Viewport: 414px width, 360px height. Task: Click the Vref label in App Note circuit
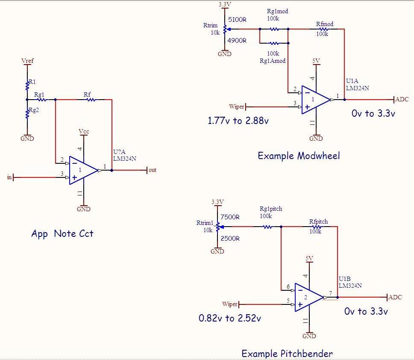click(27, 61)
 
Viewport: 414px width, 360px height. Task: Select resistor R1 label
click(32, 81)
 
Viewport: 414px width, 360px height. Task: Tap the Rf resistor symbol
click(91, 100)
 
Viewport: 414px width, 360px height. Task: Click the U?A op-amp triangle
click(82, 170)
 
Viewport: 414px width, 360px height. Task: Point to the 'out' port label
click(153, 170)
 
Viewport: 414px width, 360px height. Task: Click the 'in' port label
click(9, 177)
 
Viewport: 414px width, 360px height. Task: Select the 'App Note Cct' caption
click(62, 233)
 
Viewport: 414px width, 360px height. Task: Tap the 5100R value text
click(238, 20)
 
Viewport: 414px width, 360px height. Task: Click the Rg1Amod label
click(273, 61)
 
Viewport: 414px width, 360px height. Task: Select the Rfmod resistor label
click(325, 24)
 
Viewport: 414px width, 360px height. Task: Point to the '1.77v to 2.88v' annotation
click(238, 121)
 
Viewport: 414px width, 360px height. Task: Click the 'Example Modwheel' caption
click(299, 156)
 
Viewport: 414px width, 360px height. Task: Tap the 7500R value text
click(230, 217)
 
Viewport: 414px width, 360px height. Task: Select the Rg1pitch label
click(271, 209)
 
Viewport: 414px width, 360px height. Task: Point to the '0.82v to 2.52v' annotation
click(230, 318)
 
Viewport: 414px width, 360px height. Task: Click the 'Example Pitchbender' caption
click(287, 353)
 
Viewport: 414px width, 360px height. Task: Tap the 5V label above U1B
click(309, 258)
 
